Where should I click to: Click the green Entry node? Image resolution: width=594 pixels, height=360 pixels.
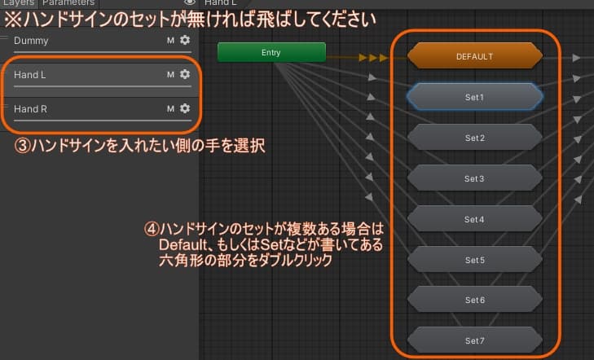pyautogui.click(x=271, y=52)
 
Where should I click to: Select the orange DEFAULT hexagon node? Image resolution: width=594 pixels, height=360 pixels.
pyautogui.click(x=474, y=56)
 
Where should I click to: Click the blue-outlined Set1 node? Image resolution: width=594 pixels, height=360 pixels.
pyautogui.click(x=474, y=96)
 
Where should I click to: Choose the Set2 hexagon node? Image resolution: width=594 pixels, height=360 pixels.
pyautogui.click(x=474, y=137)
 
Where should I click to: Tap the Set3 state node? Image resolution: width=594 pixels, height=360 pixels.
pyautogui.click(x=474, y=178)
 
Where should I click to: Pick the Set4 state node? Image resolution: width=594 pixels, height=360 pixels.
pyautogui.click(x=474, y=218)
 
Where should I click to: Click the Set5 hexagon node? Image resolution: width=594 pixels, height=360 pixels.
pyautogui.click(x=474, y=259)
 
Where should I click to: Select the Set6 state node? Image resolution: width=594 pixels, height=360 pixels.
pyautogui.click(x=474, y=300)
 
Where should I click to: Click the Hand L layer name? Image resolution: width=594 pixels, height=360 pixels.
pyautogui.click(x=30, y=74)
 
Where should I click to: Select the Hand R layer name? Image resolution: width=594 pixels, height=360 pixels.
pyautogui.click(x=31, y=108)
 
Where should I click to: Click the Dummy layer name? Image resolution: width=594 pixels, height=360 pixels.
pyautogui.click(x=31, y=40)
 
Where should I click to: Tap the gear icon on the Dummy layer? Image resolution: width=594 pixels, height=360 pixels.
pyautogui.click(x=185, y=40)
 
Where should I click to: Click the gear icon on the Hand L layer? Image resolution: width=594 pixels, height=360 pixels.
pyautogui.click(x=185, y=74)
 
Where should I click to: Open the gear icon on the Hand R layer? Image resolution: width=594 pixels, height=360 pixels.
pyautogui.click(x=185, y=108)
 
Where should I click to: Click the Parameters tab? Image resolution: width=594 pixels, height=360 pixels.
pyautogui.click(x=68, y=3)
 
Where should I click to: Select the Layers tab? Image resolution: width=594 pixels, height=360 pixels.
pyautogui.click(x=18, y=3)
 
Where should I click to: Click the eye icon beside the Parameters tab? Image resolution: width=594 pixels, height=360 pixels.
pyautogui.click(x=190, y=3)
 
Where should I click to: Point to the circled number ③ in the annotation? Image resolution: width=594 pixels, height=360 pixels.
pyautogui.click(x=24, y=147)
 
